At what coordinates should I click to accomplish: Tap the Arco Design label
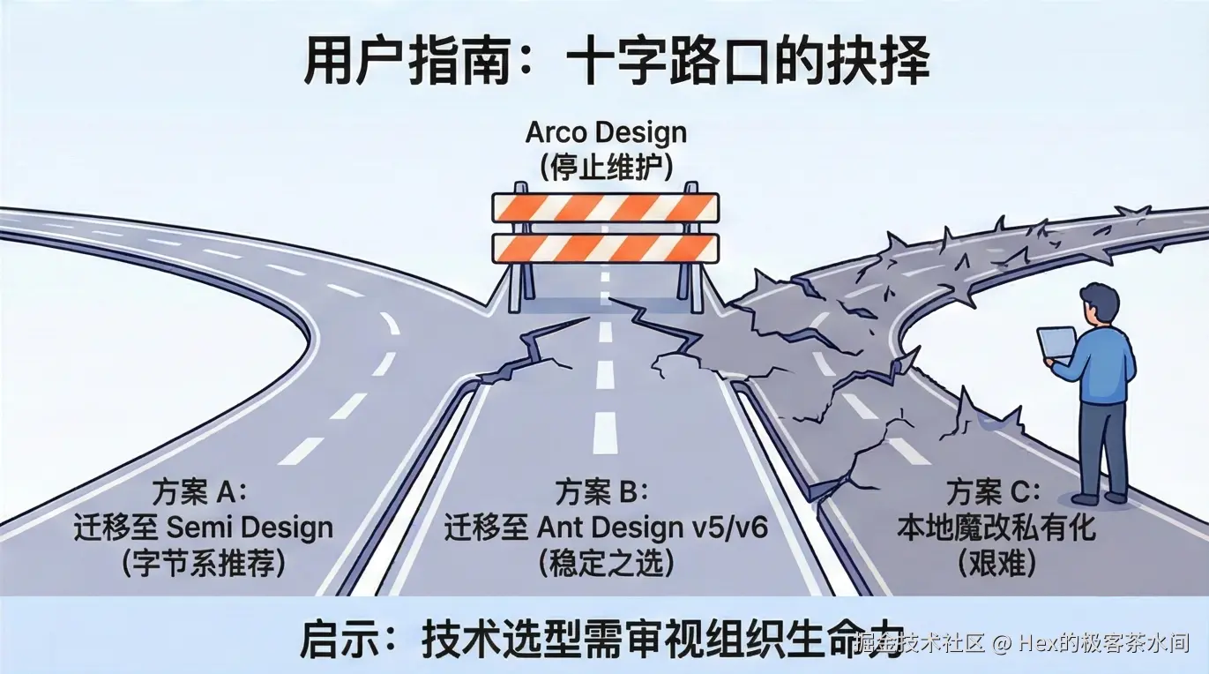pyautogui.click(x=605, y=133)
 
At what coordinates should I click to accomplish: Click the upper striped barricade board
pyautogui.click(x=605, y=208)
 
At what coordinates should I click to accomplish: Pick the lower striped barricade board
pyautogui.click(x=605, y=248)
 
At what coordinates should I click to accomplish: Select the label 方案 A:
pyautogui.click(x=203, y=491)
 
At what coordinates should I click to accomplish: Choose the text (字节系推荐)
pyautogui.click(x=203, y=564)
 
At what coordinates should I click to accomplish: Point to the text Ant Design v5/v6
pyautogui.click(x=653, y=528)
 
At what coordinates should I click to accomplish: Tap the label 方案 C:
pyautogui.click(x=995, y=491)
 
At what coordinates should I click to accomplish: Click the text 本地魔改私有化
pyautogui.click(x=996, y=528)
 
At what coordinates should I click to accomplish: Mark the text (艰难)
pyautogui.click(x=996, y=564)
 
